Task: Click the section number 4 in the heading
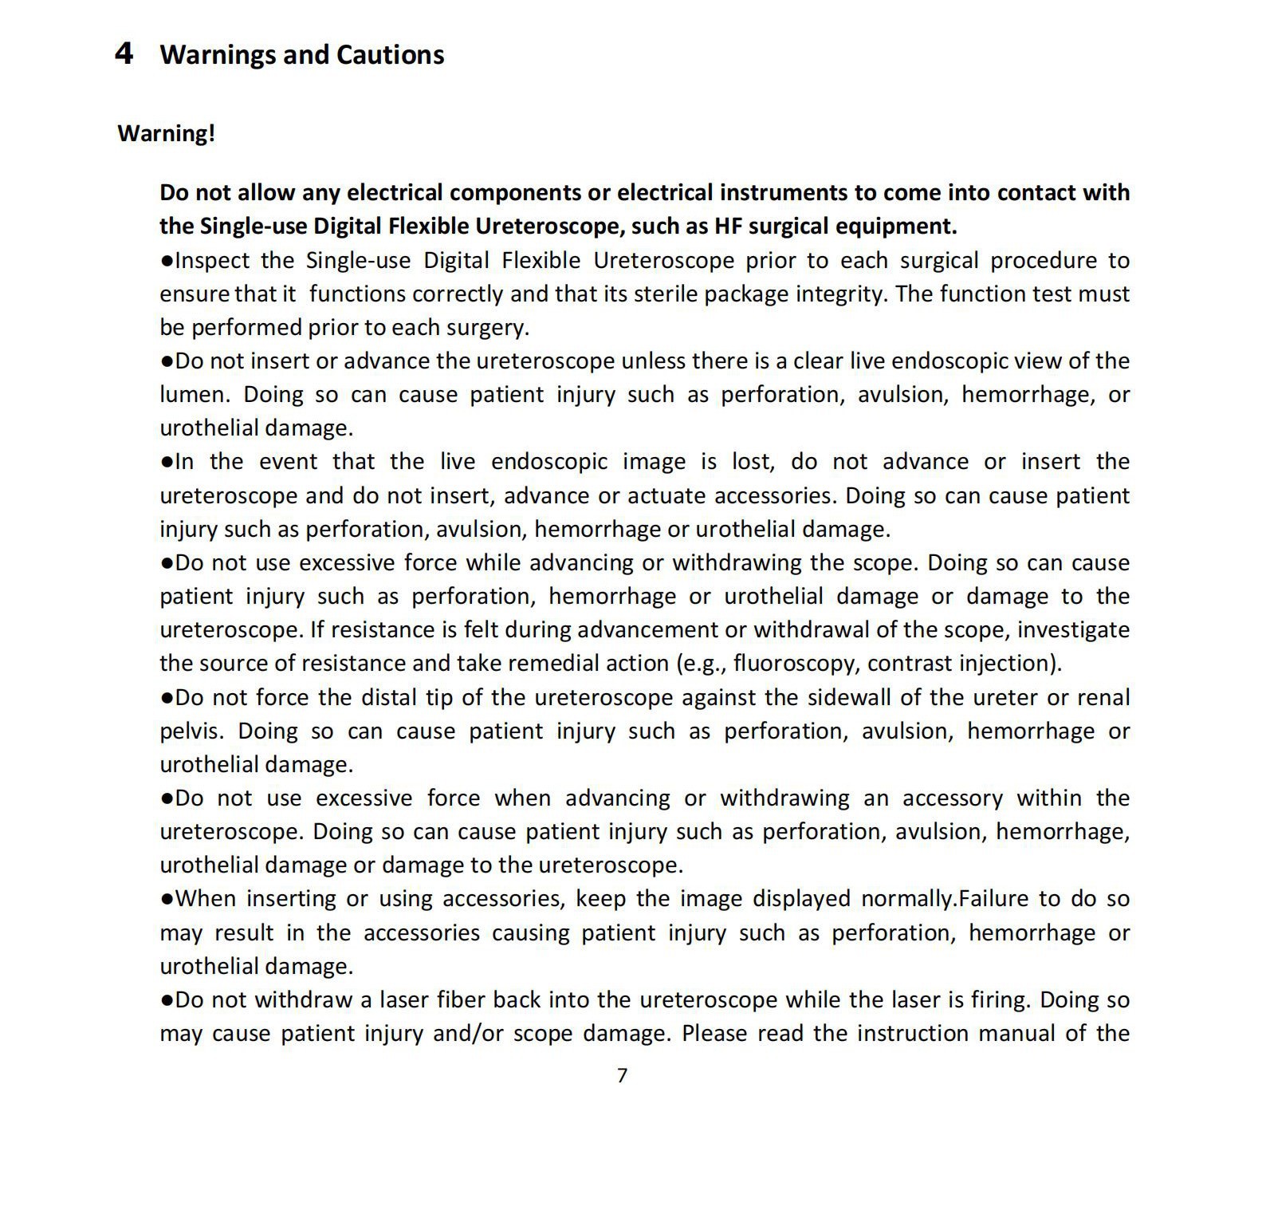(124, 53)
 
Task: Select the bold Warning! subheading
(166, 133)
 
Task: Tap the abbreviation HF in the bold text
(728, 227)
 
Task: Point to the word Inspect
(212, 261)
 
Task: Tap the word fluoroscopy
(795, 664)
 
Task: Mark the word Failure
(992, 899)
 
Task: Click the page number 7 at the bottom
(623, 1076)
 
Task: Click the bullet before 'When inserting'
(167, 899)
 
